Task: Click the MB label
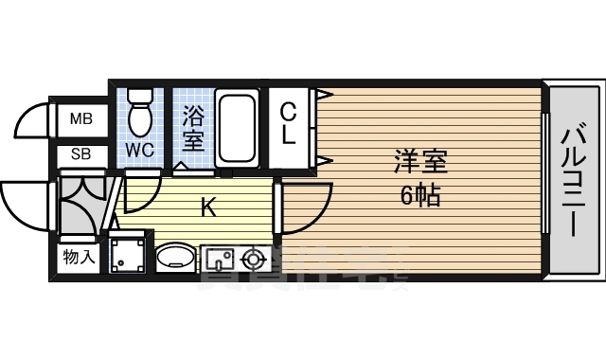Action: pos(80,120)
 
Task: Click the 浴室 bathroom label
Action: pos(193,129)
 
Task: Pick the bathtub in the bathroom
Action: pos(238,127)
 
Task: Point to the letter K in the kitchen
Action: pos(209,207)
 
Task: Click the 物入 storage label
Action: pos(80,257)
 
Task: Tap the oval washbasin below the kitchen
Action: pos(174,257)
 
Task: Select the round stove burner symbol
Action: pos(253,257)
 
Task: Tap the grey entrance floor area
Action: pos(80,203)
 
